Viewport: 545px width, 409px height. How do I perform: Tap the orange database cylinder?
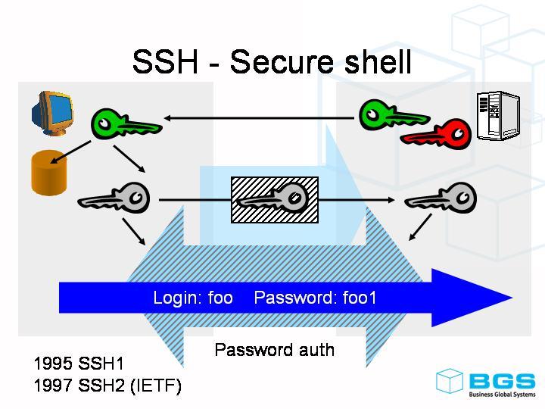pyautogui.click(x=50, y=173)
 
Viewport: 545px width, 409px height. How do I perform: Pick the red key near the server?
pyautogui.click(x=436, y=135)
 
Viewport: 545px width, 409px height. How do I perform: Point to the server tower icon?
pyautogui.click(x=498, y=117)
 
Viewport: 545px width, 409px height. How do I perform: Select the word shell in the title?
pyautogui.click(x=374, y=62)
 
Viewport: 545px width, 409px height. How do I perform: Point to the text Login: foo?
pyautogui.click(x=193, y=298)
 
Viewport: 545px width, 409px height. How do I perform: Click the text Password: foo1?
pyautogui.click(x=315, y=298)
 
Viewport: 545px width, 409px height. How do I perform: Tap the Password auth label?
pyautogui.click(x=274, y=350)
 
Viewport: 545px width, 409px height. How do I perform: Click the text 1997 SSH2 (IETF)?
pyautogui.click(x=107, y=386)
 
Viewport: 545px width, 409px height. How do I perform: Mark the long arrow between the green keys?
pyautogui.click(x=261, y=118)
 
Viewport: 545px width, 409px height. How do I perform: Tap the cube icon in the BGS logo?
pyautogui.click(x=449, y=381)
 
